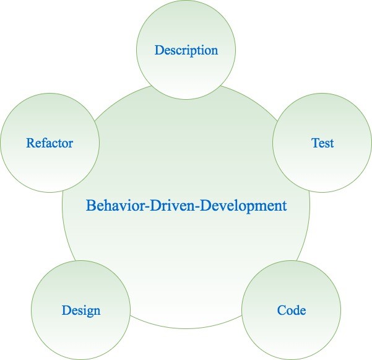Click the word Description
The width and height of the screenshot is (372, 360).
(186, 50)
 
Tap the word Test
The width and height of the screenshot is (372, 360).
(322, 143)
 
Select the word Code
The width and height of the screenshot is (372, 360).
(291, 310)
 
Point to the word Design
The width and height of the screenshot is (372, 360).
(80, 310)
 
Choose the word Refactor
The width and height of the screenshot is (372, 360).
(50, 143)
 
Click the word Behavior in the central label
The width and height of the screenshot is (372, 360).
(113, 205)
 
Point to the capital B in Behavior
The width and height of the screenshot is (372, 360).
(90, 205)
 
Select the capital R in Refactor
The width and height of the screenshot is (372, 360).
(30, 143)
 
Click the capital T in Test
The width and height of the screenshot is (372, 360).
(314, 143)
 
